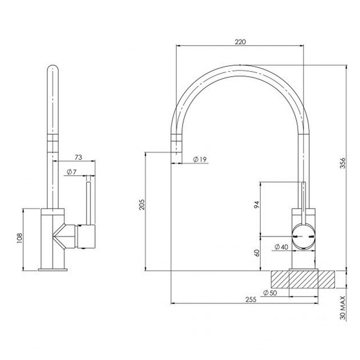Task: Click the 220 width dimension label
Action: tap(240, 42)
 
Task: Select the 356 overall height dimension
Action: tap(343, 163)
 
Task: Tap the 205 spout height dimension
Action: tap(142, 204)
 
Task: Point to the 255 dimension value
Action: tap(251, 300)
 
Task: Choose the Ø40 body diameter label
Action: tap(281, 247)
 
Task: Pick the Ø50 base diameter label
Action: tap(271, 292)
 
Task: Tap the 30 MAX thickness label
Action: tap(343, 308)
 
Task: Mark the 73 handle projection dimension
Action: tap(78, 157)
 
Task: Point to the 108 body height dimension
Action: tap(19, 239)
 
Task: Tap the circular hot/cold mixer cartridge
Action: tap(303, 236)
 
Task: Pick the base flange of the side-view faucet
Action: tap(52, 270)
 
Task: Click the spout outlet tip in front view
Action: tap(176, 158)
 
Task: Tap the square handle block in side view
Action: tap(86, 237)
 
